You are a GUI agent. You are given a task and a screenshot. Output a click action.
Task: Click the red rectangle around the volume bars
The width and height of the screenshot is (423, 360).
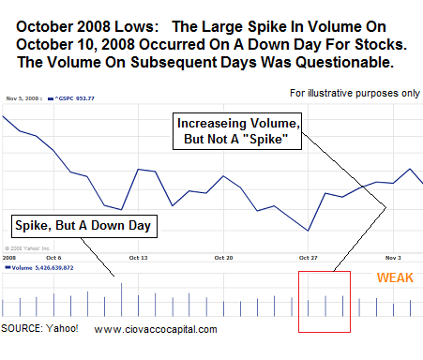324,301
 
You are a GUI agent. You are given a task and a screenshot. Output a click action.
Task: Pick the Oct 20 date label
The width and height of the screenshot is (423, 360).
223,256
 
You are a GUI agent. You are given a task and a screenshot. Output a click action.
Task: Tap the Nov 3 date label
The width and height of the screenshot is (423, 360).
393,256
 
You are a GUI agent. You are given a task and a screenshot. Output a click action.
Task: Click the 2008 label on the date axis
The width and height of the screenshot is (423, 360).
9,256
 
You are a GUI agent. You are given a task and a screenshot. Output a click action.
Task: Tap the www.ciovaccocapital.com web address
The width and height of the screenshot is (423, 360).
156,329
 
